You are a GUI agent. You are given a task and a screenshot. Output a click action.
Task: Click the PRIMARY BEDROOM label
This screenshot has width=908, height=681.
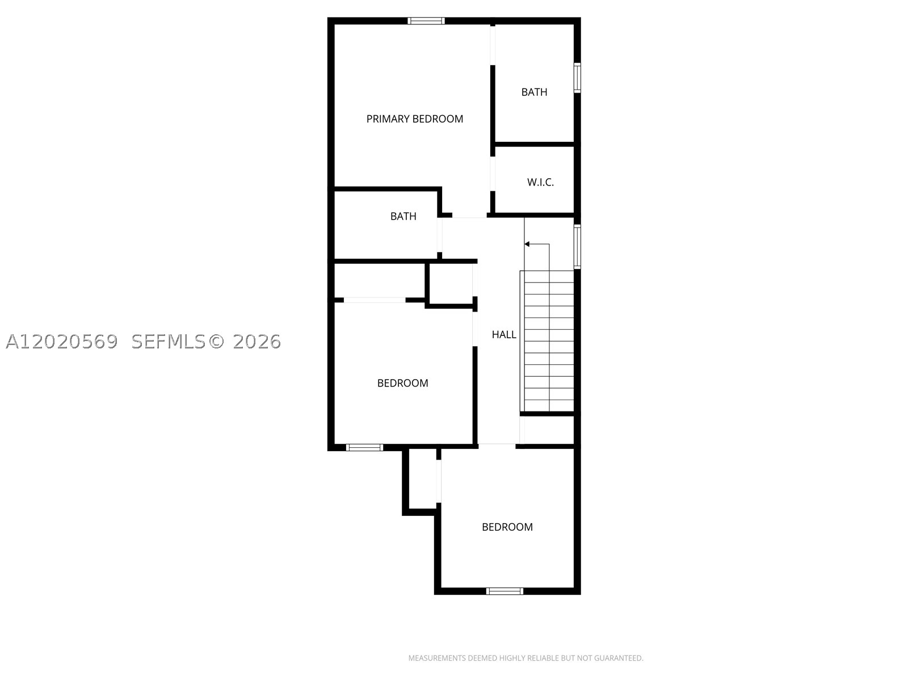[x=414, y=119]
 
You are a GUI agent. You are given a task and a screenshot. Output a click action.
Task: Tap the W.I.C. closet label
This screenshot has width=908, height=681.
[x=540, y=182]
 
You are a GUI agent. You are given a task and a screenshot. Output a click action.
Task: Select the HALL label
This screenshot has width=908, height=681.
[x=504, y=334]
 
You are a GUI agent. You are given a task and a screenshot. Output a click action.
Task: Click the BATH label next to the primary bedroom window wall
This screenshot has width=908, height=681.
[x=534, y=92]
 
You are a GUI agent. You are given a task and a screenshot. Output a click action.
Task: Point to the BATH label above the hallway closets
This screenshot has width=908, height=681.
[x=403, y=216]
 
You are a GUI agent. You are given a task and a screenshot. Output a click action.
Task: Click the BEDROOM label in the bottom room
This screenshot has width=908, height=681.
[x=507, y=527]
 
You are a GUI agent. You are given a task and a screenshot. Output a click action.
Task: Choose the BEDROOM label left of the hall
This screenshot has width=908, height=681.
[x=402, y=383]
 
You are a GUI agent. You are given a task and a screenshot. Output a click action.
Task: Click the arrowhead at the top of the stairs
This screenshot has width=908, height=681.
[x=527, y=244]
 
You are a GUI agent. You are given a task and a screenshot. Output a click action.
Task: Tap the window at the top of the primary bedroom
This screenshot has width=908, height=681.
[x=426, y=21]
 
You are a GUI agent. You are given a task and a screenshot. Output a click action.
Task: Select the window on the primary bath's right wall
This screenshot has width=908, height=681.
[x=577, y=78]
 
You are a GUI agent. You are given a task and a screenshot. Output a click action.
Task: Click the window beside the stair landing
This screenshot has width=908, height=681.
[x=577, y=246]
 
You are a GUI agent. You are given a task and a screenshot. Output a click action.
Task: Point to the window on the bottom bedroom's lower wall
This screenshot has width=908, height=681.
[x=505, y=591]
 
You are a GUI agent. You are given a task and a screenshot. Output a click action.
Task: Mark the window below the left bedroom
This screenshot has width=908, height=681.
[x=364, y=447]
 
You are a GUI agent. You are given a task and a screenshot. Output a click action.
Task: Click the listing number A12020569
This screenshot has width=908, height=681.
[x=62, y=342]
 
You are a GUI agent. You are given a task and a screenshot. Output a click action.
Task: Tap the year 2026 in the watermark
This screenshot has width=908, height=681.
[x=257, y=342]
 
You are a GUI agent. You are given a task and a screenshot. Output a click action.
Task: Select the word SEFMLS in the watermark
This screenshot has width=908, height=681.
[x=169, y=342]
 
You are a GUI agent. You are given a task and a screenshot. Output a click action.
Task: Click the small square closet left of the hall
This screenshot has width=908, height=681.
[x=451, y=283]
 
